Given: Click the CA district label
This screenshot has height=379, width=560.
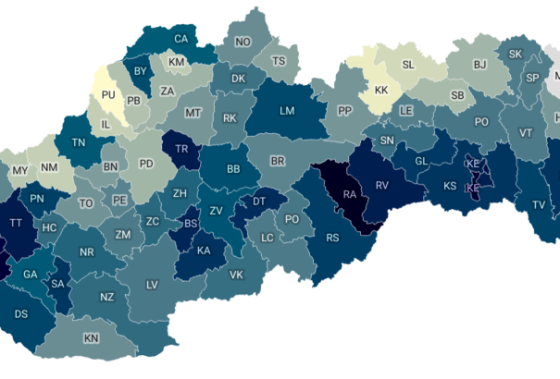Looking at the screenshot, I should click(181, 39).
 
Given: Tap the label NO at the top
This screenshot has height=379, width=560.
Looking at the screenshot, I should click(243, 43).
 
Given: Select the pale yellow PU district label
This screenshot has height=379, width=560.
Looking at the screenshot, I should click(108, 94).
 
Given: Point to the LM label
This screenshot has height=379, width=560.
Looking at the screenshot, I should click(287, 111).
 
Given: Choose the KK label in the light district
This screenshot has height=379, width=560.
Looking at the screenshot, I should click(381, 91).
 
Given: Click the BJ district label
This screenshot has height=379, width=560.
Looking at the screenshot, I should click(479, 65).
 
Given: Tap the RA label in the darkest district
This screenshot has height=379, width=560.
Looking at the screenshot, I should click(350, 195).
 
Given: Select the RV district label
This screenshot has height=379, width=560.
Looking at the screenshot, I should click(380, 185).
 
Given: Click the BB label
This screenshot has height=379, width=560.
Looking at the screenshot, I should click(232, 170).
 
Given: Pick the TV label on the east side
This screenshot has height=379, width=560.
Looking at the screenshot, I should click(538, 205).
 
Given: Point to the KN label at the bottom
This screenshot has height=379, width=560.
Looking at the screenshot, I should click(91, 338).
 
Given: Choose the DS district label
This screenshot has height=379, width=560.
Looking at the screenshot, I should click(20, 313).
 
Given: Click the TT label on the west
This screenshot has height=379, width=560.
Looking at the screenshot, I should click(16, 223).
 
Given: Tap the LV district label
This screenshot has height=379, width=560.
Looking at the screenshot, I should click(152, 285).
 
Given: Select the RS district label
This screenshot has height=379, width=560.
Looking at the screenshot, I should click(333, 238).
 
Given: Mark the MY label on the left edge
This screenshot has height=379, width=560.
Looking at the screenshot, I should click(19, 170).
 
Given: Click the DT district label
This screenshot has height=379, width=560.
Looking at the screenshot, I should click(259, 201).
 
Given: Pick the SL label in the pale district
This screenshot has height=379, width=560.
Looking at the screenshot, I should click(408, 65).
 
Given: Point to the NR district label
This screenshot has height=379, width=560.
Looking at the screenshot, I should click(87, 252).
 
